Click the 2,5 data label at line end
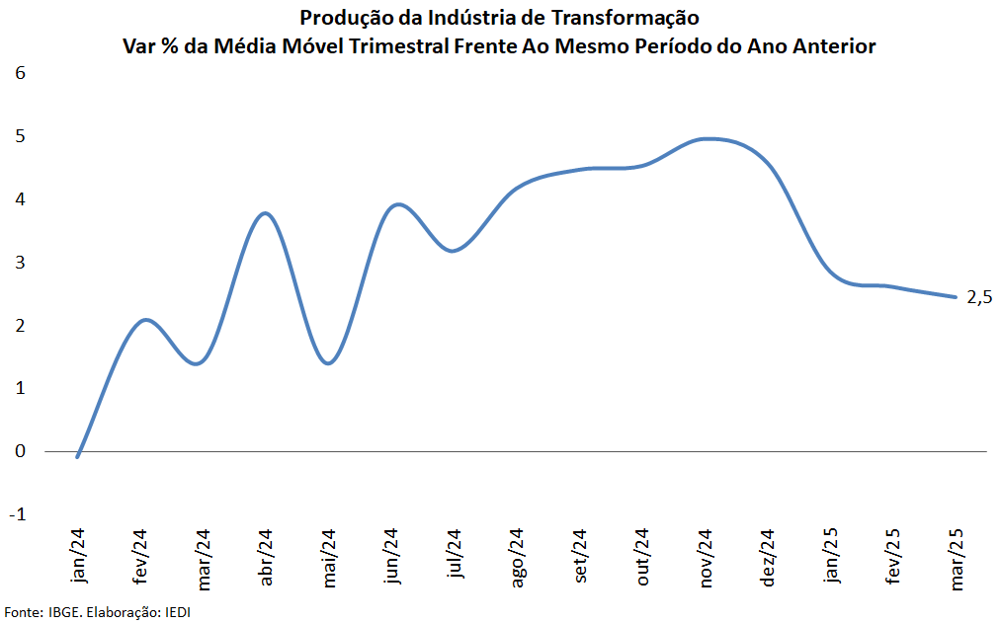click(978, 297)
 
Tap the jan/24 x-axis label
click(79, 557)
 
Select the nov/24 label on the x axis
click(706, 558)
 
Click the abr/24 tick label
click(265, 558)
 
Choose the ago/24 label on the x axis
click(518, 558)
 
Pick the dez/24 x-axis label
click(769, 558)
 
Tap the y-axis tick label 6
click(20, 73)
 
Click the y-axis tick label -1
click(18, 514)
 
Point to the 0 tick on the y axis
click(20, 451)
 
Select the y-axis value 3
click(20, 263)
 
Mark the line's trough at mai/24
click(328, 363)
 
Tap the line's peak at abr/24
click(265, 213)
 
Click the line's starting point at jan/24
click(77, 456)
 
